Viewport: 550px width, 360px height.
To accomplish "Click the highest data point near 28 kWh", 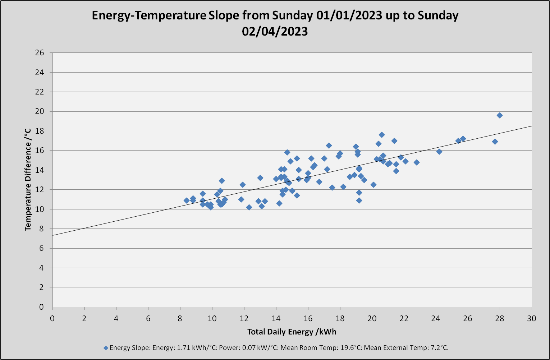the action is point(500,115).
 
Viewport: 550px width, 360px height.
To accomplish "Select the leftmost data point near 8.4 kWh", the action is point(187,200).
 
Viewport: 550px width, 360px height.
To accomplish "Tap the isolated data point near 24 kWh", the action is point(439,152).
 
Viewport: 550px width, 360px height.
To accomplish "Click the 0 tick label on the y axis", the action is point(41,307).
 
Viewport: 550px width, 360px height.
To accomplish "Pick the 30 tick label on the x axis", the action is point(532,319).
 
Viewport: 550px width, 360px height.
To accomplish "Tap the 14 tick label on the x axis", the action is point(276,319).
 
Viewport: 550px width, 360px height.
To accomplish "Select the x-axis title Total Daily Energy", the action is point(280,332).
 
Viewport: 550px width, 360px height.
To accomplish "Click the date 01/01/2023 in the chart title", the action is point(349,15).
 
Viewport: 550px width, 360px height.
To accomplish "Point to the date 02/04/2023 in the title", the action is point(275,31).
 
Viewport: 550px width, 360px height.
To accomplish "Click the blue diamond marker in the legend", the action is point(106,348).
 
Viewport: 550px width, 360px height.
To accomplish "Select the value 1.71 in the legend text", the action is point(183,348).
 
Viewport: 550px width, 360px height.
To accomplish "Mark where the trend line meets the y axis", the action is point(52,236).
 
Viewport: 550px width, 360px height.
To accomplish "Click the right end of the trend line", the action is point(532,126).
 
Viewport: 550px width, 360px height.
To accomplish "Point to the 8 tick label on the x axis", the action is point(180,319).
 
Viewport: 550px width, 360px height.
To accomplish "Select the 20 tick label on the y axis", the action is point(40,111).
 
